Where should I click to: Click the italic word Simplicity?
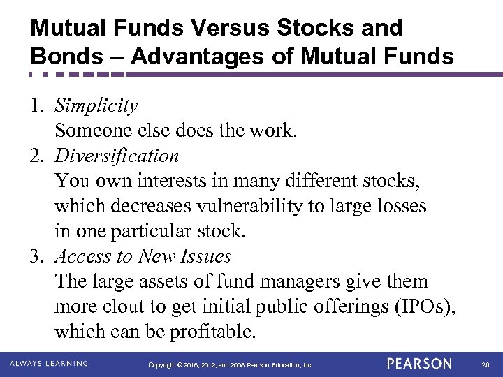[x=96, y=106]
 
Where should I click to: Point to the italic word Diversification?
[x=117, y=156]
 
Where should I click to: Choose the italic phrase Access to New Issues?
[x=143, y=256]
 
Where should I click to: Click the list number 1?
[x=36, y=106]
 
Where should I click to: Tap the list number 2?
[x=36, y=156]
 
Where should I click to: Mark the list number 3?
[x=36, y=256]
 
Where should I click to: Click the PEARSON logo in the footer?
[x=419, y=364]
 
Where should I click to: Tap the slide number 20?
[x=486, y=364]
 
